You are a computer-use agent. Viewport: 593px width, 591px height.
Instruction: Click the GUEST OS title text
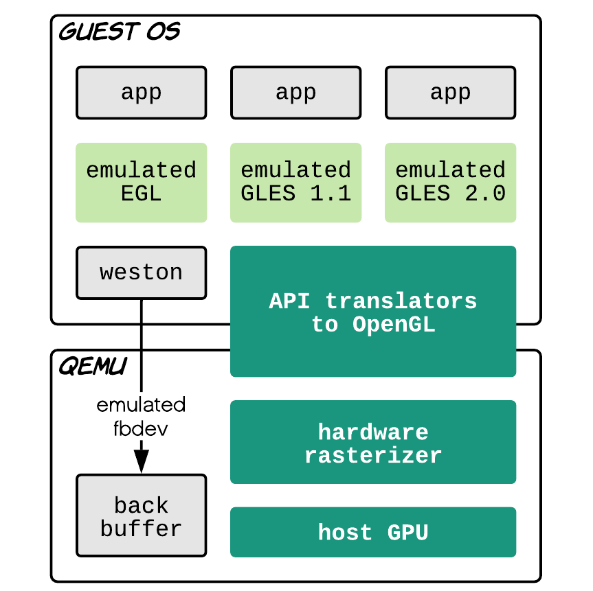[x=120, y=32]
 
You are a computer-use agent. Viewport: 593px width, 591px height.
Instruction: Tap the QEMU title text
[x=93, y=366]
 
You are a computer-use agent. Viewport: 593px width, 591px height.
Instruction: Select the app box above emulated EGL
[x=142, y=93]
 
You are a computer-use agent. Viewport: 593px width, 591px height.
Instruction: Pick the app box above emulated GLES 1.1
[x=295, y=93]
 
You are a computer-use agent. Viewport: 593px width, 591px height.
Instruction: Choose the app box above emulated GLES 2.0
[x=451, y=93]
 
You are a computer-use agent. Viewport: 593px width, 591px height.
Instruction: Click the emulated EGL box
[x=142, y=183]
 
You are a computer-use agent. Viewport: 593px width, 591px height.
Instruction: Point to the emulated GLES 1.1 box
[x=295, y=183]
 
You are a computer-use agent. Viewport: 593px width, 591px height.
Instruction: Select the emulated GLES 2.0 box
[x=451, y=183]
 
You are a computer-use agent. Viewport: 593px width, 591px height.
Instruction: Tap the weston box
[x=142, y=273]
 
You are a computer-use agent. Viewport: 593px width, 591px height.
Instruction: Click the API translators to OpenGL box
[x=373, y=312]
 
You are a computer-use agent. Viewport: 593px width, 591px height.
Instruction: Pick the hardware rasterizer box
[x=373, y=442]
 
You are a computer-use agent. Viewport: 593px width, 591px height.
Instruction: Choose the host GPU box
[x=373, y=532]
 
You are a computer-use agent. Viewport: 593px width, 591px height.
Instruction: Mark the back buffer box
[x=142, y=515]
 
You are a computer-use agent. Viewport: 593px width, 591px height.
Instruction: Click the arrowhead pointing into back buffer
[x=142, y=462]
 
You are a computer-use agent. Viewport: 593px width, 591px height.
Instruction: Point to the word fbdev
[x=141, y=429]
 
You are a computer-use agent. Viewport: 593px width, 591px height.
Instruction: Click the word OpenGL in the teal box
[x=394, y=325]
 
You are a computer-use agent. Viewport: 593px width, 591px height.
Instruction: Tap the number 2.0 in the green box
[x=485, y=194]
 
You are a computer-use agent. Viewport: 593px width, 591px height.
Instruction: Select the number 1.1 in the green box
[x=331, y=194]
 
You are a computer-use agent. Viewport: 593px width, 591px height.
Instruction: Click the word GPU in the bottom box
[x=407, y=533]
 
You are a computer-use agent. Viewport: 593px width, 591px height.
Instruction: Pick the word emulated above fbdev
[x=141, y=405]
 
